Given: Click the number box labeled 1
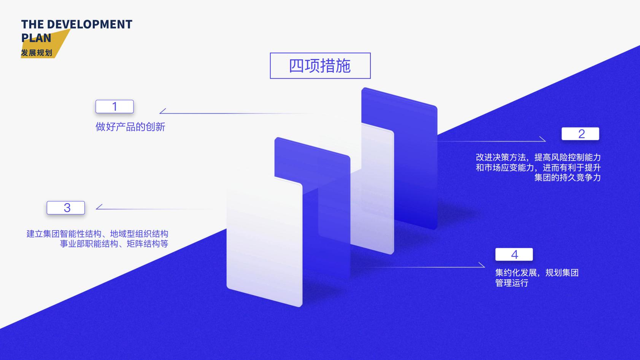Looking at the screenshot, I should pyautogui.click(x=114, y=107).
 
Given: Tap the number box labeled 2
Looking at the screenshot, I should pyautogui.click(x=580, y=134).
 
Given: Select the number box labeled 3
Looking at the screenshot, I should pyautogui.click(x=66, y=208).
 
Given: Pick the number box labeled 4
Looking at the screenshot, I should pyautogui.click(x=514, y=255).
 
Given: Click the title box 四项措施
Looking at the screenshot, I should pyautogui.click(x=320, y=66).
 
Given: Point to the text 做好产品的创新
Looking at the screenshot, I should pyautogui.click(x=130, y=127).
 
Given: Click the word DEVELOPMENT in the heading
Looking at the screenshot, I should pyautogui.click(x=89, y=24).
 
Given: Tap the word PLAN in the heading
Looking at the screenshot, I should pyautogui.click(x=36, y=38).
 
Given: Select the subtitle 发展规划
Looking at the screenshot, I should pyautogui.click(x=37, y=53).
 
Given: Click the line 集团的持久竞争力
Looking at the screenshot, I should pyautogui.click(x=567, y=178).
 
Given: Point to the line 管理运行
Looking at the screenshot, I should pyautogui.click(x=511, y=283).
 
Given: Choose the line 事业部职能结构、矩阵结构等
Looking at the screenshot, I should pyautogui.click(x=114, y=244).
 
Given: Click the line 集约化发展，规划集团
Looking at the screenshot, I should pyautogui.click(x=537, y=273).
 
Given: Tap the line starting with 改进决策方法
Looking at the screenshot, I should pyautogui.click(x=538, y=158).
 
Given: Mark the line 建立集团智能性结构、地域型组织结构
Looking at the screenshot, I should pyautogui.click(x=97, y=234).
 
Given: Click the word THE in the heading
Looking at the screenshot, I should pyautogui.click(x=33, y=24).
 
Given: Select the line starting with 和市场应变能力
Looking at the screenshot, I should pyautogui.click(x=538, y=168).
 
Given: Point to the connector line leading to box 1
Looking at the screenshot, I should pyautogui.click(x=236, y=113).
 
